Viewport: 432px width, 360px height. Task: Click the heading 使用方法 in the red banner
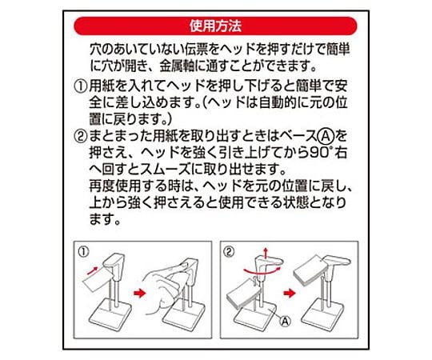(x=215, y=26)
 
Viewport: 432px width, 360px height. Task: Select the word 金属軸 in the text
(x=177, y=66)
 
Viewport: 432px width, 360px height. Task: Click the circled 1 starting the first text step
(x=81, y=86)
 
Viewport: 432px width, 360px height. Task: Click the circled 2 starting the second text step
(x=81, y=136)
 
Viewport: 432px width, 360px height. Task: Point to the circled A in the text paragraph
(x=326, y=135)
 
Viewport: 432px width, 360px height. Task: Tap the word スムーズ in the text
(x=164, y=170)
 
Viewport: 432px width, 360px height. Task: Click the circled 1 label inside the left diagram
(x=83, y=252)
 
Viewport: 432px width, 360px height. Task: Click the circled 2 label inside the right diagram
(x=229, y=252)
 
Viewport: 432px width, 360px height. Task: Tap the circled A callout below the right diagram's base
(x=285, y=321)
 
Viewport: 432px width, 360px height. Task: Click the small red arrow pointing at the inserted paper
(x=92, y=270)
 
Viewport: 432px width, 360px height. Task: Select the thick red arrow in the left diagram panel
(x=140, y=293)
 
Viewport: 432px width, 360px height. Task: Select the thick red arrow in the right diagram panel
(x=290, y=293)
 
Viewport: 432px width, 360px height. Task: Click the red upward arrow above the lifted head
(x=266, y=253)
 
